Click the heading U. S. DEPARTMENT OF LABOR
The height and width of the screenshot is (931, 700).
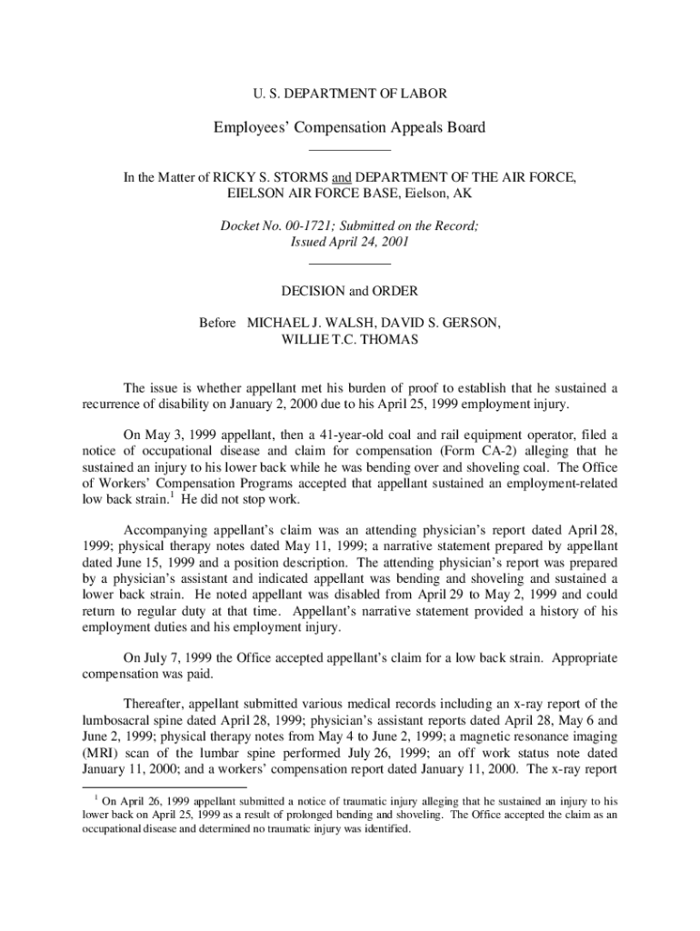point(349,93)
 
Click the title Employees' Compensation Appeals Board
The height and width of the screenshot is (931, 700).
point(349,127)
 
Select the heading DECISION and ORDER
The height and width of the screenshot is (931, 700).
point(350,291)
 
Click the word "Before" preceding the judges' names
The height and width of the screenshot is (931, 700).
point(218,323)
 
